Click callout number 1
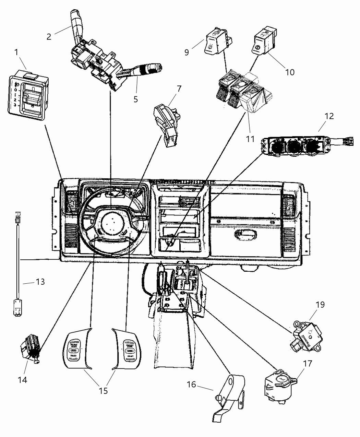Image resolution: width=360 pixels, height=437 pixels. pos(16,52)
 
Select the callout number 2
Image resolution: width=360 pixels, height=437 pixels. pos(49,37)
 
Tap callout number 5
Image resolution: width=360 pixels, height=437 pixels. pos(136,99)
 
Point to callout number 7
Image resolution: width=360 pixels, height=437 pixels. pos(179,90)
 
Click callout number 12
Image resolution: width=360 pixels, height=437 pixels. pos(329,116)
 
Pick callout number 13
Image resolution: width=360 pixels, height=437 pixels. pos(40,282)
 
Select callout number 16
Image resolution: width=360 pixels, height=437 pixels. pos(191,385)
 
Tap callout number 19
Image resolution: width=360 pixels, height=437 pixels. pos(320,304)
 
